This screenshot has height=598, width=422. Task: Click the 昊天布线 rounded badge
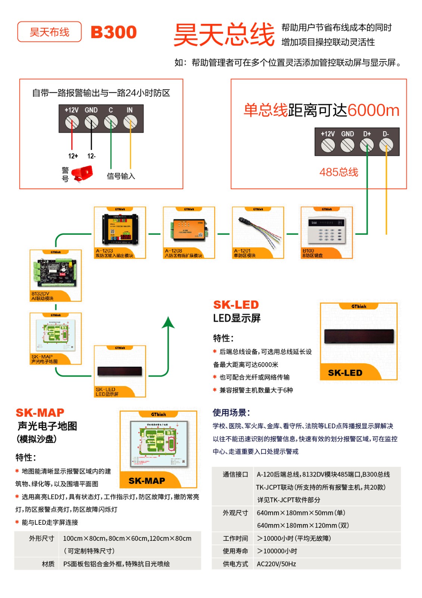pyautogui.click(x=49, y=32)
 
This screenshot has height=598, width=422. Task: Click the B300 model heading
pyautogui.click(x=114, y=32)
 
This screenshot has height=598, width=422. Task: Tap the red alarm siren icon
pyautogui.click(x=82, y=174)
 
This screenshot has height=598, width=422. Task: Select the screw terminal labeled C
pyautogui.click(x=111, y=121)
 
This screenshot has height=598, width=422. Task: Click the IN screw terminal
pyautogui.click(x=130, y=121)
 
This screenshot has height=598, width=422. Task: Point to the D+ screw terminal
pyautogui.click(x=367, y=145)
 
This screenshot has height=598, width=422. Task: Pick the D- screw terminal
pyautogui.click(x=386, y=145)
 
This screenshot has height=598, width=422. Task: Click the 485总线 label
pyautogui.click(x=339, y=172)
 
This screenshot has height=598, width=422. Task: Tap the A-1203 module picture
pyautogui.click(x=120, y=229)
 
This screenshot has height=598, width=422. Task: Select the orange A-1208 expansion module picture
pyautogui.click(x=189, y=229)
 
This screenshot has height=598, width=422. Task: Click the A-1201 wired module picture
pyautogui.click(x=258, y=229)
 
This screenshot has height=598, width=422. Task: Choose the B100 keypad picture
pyautogui.click(x=326, y=228)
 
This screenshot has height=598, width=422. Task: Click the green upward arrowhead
pyautogui.click(x=168, y=322)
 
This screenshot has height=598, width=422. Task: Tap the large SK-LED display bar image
pyautogui.click(x=359, y=336)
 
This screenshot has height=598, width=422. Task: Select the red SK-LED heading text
pyautogui.click(x=236, y=305)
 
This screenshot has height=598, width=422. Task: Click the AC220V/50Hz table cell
pyautogui.click(x=276, y=564)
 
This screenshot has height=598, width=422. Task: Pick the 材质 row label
pyautogui.click(x=48, y=564)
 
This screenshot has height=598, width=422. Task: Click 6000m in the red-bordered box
pyautogui.click(x=373, y=110)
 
